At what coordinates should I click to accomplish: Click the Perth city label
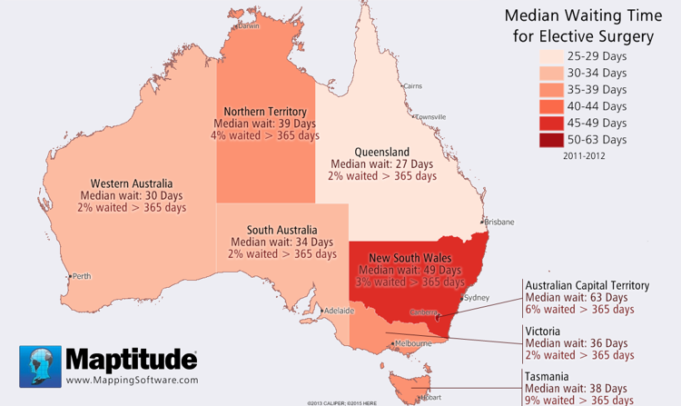tap(82, 276)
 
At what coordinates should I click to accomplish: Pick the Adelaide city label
tap(338, 310)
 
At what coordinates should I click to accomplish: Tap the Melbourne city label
tap(413, 343)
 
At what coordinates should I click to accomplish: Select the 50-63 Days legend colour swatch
tap(548, 140)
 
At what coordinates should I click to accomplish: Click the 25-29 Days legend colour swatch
tap(548, 56)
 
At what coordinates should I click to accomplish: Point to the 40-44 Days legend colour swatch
tap(548, 106)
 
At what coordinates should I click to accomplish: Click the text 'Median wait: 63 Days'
tap(576, 297)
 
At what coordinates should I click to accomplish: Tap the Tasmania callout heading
tap(548, 375)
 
